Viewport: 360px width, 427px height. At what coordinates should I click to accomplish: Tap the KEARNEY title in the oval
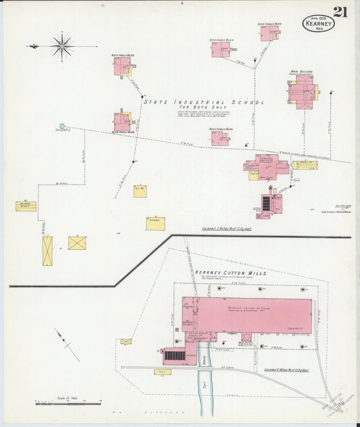[316, 24]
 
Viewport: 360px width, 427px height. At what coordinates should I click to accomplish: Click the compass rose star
[62, 46]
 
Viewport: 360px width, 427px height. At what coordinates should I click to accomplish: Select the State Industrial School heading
[203, 103]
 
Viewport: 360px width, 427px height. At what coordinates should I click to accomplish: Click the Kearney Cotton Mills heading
[230, 274]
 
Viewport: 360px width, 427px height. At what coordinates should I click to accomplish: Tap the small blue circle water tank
[62, 126]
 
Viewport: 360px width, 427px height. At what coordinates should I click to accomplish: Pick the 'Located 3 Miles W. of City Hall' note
[286, 370]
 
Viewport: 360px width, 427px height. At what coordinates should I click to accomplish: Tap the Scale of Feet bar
[68, 403]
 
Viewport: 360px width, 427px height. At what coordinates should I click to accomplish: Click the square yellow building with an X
[77, 243]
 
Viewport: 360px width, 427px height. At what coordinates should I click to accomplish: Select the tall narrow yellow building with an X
[47, 251]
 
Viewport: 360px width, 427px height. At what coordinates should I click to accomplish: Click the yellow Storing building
[155, 223]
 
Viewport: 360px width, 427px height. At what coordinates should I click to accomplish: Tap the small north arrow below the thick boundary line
[66, 345]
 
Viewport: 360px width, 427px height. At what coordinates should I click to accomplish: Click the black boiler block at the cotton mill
[174, 355]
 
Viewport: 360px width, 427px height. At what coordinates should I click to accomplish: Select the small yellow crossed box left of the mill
[126, 342]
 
